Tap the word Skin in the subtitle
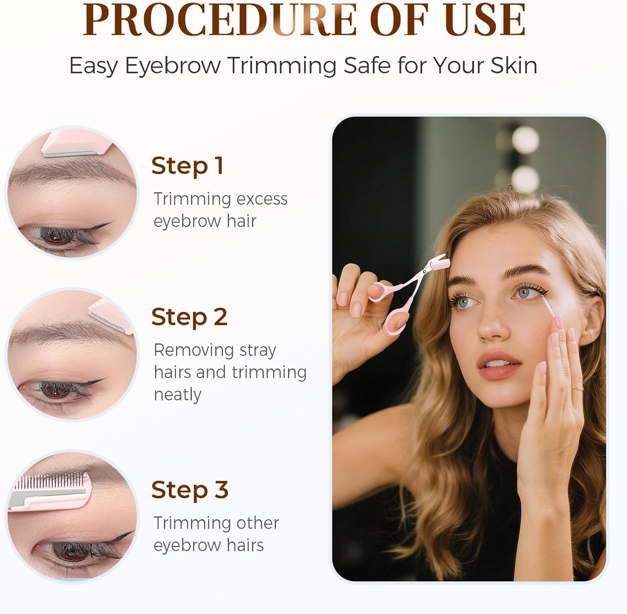coord(514,65)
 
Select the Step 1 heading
coord(187,166)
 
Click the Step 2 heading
coord(189,317)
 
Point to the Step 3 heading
coord(190,489)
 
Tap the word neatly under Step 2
coord(178,395)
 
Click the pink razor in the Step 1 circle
coord(77,143)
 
